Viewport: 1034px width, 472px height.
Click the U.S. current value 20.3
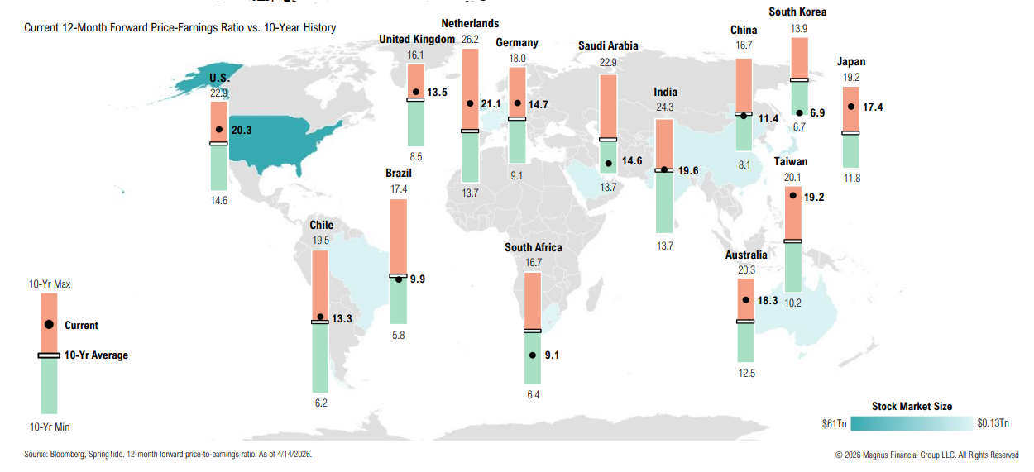point(242,130)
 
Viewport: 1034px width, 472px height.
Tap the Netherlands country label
point(470,23)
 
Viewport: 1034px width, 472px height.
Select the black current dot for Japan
point(850,107)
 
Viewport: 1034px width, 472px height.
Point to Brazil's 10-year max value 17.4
point(398,189)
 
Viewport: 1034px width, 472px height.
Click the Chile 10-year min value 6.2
point(320,403)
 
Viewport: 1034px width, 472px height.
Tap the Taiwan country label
point(792,162)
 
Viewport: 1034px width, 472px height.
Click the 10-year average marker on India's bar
point(664,169)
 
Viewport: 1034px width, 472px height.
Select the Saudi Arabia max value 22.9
point(608,62)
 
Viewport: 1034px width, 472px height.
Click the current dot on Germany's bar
point(517,104)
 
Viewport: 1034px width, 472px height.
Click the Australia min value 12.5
point(746,373)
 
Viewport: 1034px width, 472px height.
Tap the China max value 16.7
point(743,46)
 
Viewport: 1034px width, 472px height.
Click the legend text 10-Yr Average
point(96,355)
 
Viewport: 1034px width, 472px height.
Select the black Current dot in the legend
point(49,325)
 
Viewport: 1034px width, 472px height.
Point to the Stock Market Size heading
point(912,406)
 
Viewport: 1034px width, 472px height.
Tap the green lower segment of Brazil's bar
point(398,301)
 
